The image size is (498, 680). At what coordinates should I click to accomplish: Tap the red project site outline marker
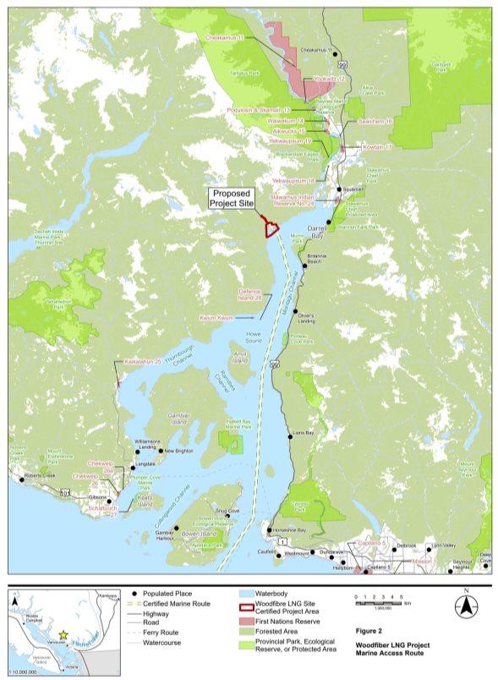[271, 228]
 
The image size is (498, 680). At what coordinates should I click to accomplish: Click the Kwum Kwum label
[215, 317]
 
